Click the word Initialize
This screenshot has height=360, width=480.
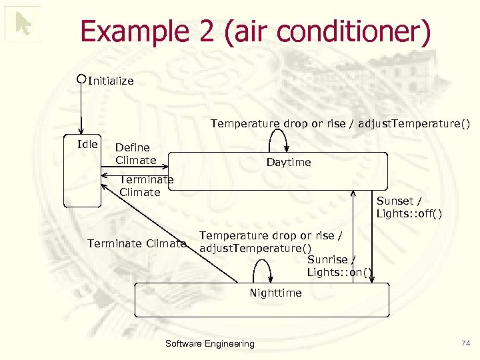point(111,81)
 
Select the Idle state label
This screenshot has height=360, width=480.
point(87,144)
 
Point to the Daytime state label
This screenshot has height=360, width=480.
point(289,162)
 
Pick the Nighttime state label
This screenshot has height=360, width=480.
point(275,293)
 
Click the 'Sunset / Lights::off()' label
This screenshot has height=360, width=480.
point(409,207)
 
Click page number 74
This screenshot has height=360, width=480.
point(465,343)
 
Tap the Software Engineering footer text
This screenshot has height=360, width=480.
point(209,343)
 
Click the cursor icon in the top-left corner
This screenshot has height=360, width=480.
point(23,25)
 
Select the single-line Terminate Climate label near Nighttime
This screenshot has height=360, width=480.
point(137,243)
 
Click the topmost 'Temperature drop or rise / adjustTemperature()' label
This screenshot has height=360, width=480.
point(340,123)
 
